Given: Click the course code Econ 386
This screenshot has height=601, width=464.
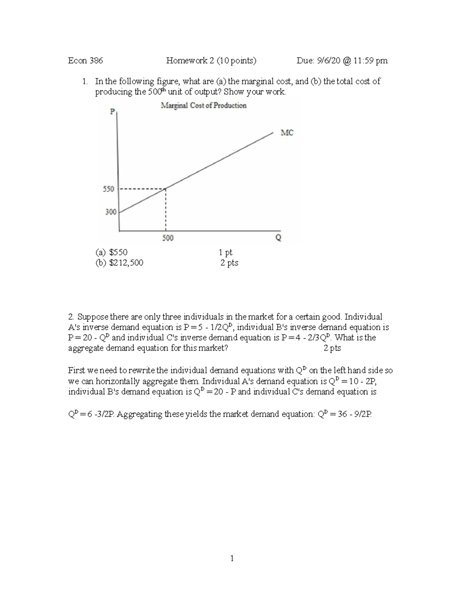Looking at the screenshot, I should tap(85, 60).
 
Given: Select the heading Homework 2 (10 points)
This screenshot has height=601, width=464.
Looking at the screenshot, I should tap(211, 60).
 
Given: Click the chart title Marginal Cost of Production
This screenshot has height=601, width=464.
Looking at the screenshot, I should tap(203, 105).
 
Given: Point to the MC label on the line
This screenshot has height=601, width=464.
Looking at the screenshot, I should tap(287, 133).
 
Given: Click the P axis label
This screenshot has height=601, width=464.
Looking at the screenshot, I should tap(112, 111).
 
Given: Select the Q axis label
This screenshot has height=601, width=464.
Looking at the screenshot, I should tap(278, 238).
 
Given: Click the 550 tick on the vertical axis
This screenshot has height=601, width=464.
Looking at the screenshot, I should tap(108, 189).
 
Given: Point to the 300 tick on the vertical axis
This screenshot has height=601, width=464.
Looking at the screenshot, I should tap(111, 212).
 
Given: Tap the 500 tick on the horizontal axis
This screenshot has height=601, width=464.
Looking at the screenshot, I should tap(167, 238).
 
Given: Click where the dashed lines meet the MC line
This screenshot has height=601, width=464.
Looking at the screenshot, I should tap(165, 189).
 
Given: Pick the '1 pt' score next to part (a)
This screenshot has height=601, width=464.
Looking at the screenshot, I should tap(225, 252).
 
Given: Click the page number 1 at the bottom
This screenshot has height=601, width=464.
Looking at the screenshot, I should tap(232, 558).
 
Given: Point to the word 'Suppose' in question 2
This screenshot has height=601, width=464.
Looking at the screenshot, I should tap(93, 317).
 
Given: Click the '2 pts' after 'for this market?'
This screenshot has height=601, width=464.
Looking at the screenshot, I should tap(332, 348).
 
